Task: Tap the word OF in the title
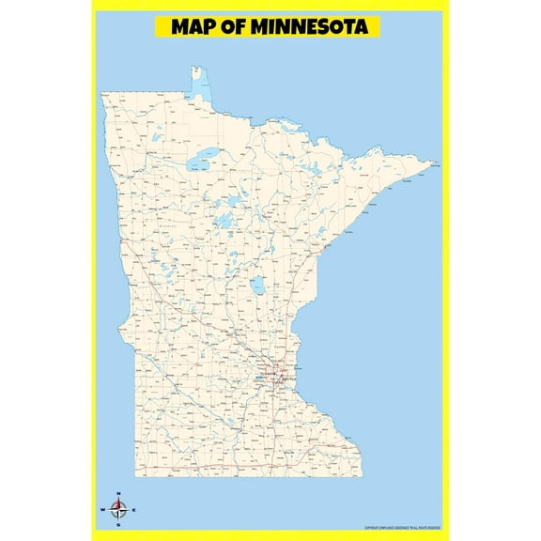[x=236, y=26]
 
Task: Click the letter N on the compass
[x=118, y=494]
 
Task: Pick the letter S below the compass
[x=118, y=525]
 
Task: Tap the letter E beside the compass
[x=134, y=510]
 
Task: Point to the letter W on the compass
[x=102, y=510]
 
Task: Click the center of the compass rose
[x=118, y=510]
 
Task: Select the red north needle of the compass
[x=118, y=503]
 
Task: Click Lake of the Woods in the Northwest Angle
[x=201, y=85]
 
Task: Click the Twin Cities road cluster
[x=278, y=376]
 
